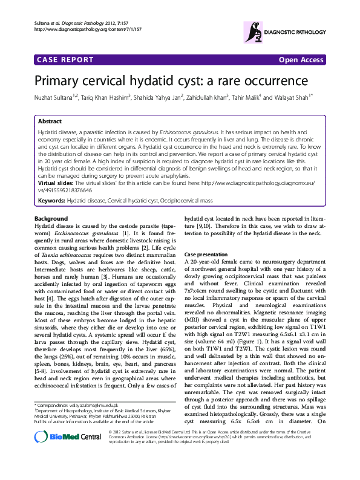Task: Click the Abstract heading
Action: point(50,122)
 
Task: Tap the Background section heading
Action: point(51,218)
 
